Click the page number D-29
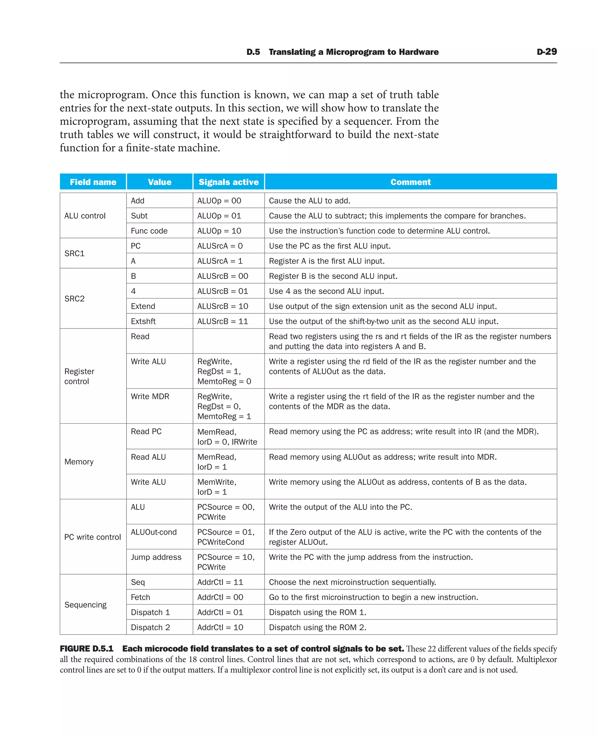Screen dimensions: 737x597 pyautogui.click(x=547, y=52)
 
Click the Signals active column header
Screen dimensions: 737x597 pyautogui.click(x=228, y=182)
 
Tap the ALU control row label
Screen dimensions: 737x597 pyautogui.click(x=85, y=216)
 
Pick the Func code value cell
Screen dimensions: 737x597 pyautogui.click(x=149, y=231)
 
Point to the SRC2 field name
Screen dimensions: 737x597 pyautogui.click(x=75, y=298)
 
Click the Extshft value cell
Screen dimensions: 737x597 pyautogui.click(x=143, y=321)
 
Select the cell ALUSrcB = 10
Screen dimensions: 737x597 pyautogui.click(x=222, y=306)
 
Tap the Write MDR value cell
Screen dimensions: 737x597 pyautogui.click(x=150, y=397)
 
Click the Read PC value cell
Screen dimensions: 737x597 pyautogui.click(x=146, y=432)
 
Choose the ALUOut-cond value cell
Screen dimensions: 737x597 pyautogui.click(x=154, y=532)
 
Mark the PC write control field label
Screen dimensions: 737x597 pyautogui.click(x=92, y=537)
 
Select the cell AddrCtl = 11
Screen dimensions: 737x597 pyautogui.click(x=220, y=582)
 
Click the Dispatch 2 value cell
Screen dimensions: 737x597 pyautogui.click(x=150, y=628)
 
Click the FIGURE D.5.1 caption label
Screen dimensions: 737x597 pyautogui.click(x=86, y=649)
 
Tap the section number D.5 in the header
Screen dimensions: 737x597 pyautogui.click(x=253, y=52)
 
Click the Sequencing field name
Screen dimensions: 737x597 pyautogui.click(x=85, y=605)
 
